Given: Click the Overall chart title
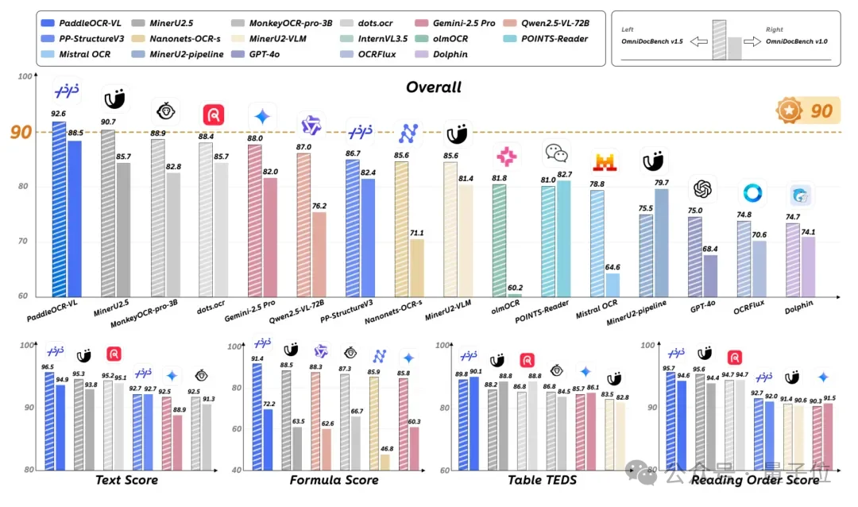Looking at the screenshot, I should (434, 87).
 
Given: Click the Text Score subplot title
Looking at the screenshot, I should (126, 480).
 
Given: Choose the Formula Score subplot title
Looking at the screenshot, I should (334, 480).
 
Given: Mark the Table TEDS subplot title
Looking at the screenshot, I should (542, 480).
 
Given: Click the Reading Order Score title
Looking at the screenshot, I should (755, 480).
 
